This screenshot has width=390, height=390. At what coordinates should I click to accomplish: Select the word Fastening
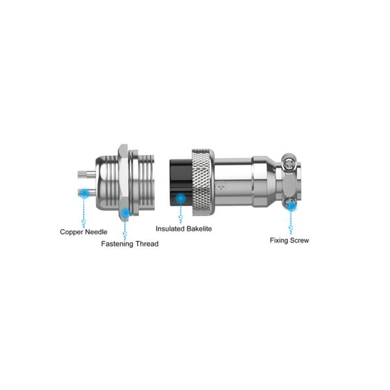(117, 244)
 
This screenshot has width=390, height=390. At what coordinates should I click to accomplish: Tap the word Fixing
(278, 240)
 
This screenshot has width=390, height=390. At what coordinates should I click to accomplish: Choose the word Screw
(298, 240)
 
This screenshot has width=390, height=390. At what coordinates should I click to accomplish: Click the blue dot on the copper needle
(84, 193)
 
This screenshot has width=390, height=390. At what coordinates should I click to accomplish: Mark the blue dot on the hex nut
(125, 213)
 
